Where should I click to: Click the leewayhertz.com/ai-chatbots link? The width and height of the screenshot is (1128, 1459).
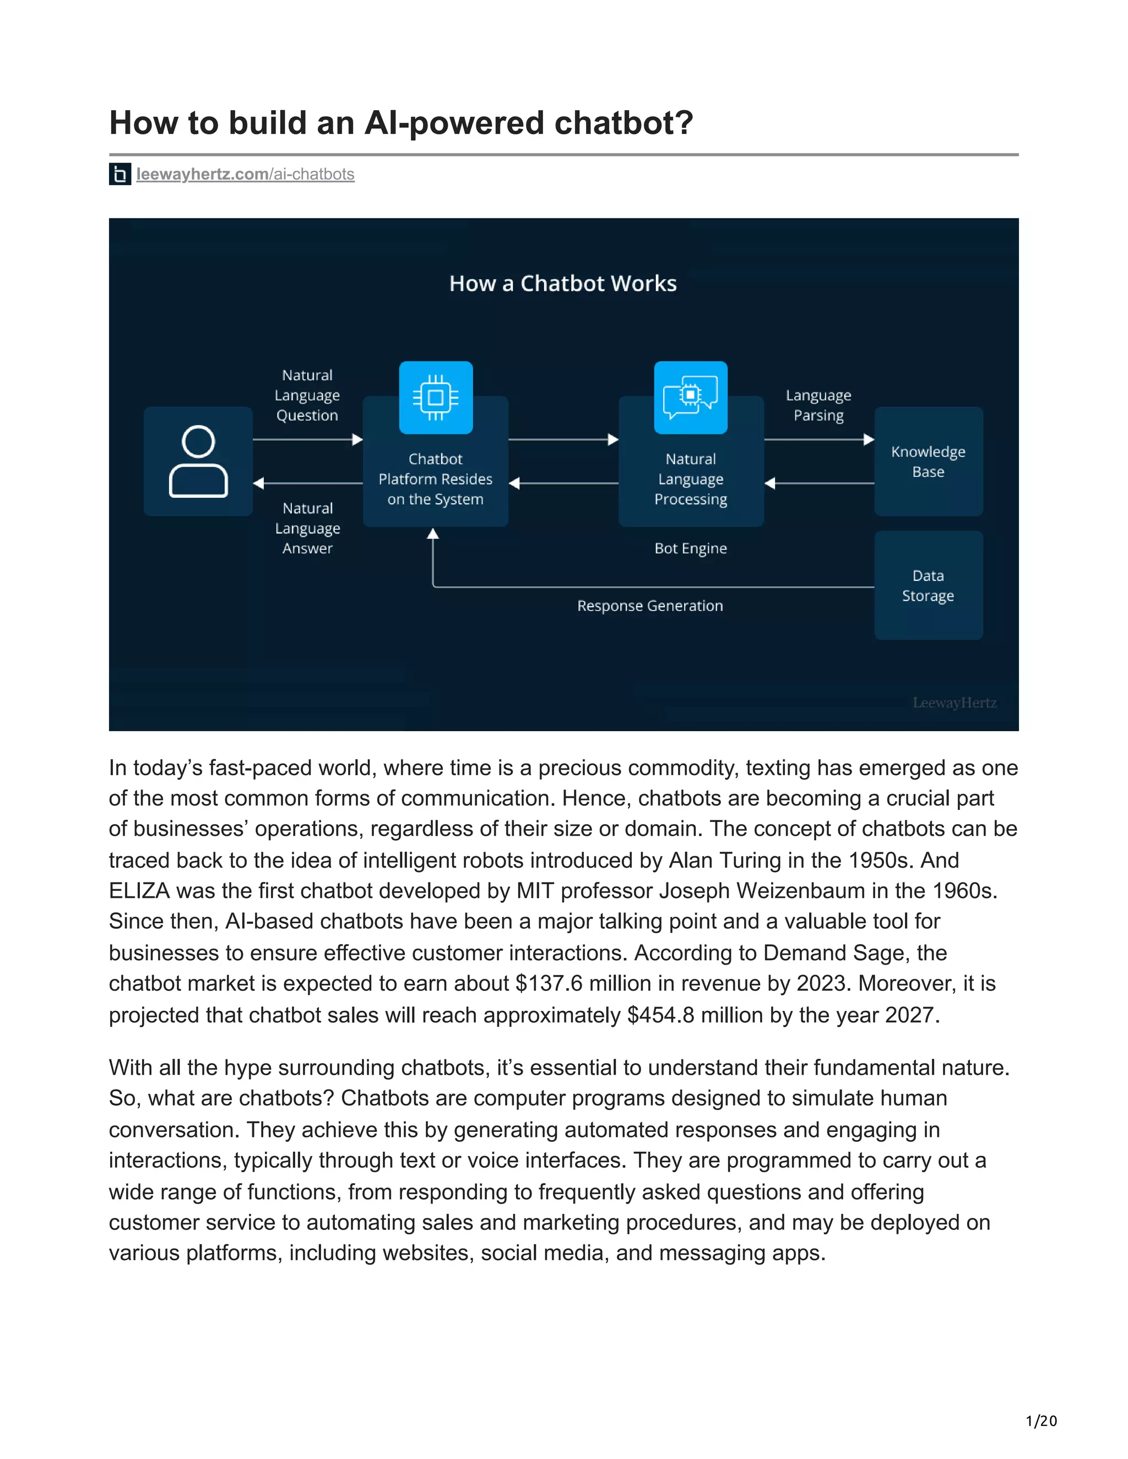245,175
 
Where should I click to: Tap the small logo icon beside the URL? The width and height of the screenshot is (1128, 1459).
120,175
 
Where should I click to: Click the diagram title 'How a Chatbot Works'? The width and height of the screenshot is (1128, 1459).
563,283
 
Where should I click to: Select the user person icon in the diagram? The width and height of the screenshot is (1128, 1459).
198,461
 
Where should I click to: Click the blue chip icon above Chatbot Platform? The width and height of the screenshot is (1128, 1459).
436,398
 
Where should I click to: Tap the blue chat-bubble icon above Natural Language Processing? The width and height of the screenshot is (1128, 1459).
690,398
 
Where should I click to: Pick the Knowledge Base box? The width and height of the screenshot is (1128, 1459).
928,461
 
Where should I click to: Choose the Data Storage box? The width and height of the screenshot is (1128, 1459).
928,585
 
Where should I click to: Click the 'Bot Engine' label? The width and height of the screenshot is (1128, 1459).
690,548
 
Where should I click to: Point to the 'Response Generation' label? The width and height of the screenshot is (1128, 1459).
649,606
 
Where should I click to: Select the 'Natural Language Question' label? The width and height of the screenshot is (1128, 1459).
307,395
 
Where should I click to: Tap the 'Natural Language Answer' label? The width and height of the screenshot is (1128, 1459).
307,528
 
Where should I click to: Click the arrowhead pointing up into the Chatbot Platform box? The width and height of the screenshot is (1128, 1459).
433,533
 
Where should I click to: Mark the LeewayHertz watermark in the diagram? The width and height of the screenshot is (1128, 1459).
955,703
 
